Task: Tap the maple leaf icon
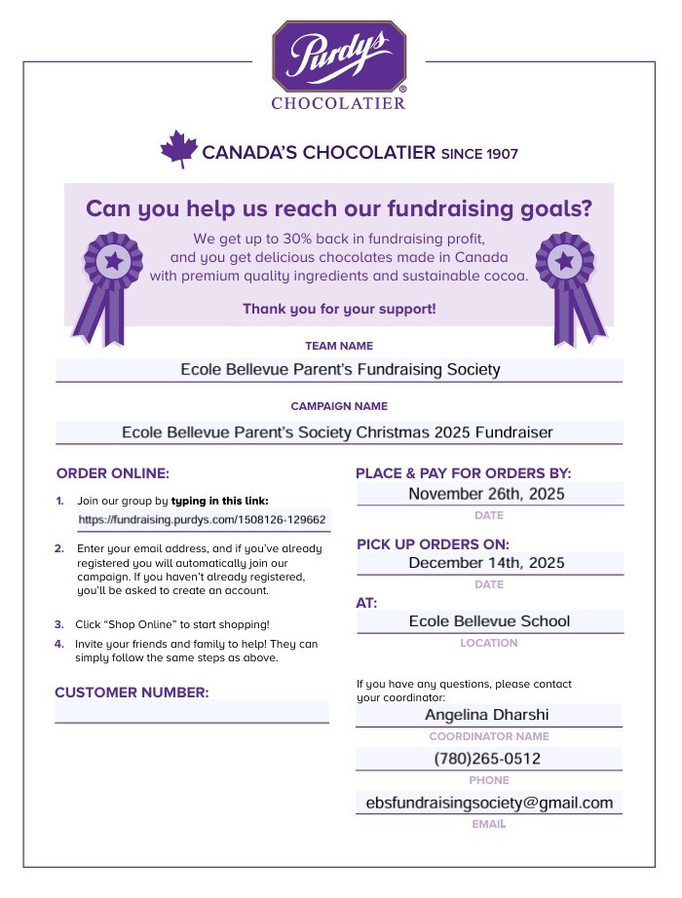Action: [x=179, y=150]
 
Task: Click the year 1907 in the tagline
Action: [x=501, y=154]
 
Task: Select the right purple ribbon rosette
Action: [x=567, y=282]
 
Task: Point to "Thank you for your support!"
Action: [x=339, y=309]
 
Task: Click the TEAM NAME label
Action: [x=339, y=346]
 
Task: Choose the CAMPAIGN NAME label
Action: [x=339, y=406]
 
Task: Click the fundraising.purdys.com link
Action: [x=203, y=520]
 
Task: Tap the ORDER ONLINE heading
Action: [x=113, y=473]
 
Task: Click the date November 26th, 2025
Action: [x=486, y=494]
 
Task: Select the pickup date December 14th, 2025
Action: [x=486, y=563]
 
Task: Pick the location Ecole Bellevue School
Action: [x=489, y=621]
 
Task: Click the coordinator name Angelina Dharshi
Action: [x=486, y=715]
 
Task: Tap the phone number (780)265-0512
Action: [x=487, y=759]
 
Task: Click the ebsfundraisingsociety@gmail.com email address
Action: [x=489, y=803]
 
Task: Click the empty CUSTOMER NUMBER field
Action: [x=192, y=712]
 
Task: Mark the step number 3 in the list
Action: [x=59, y=624]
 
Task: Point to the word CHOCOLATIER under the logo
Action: [x=338, y=103]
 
